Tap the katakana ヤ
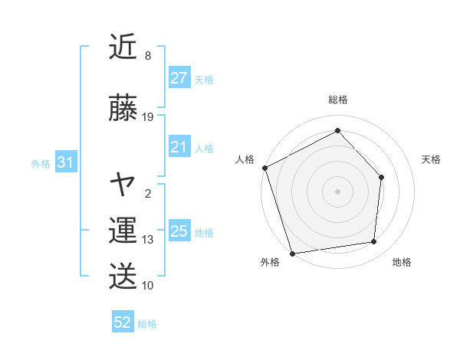coord(123,185)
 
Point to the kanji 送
coord(123,276)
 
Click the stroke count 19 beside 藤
coord(148,116)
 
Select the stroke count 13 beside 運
coord(148,240)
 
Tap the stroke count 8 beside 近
coord(148,56)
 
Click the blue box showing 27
coord(179,79)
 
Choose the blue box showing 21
coord(179,148)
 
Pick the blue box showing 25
coord(179,231)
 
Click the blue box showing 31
coord(65,163)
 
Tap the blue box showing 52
coord(123,322)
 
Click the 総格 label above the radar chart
coord(337,100)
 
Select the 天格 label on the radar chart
coord(432,159)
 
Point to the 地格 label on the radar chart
coord(402,262)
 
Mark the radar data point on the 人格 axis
coord(265,168)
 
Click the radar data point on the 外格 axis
coord(293,253)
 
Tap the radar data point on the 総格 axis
coord(337,131)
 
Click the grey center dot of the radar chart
coord(337,191)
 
